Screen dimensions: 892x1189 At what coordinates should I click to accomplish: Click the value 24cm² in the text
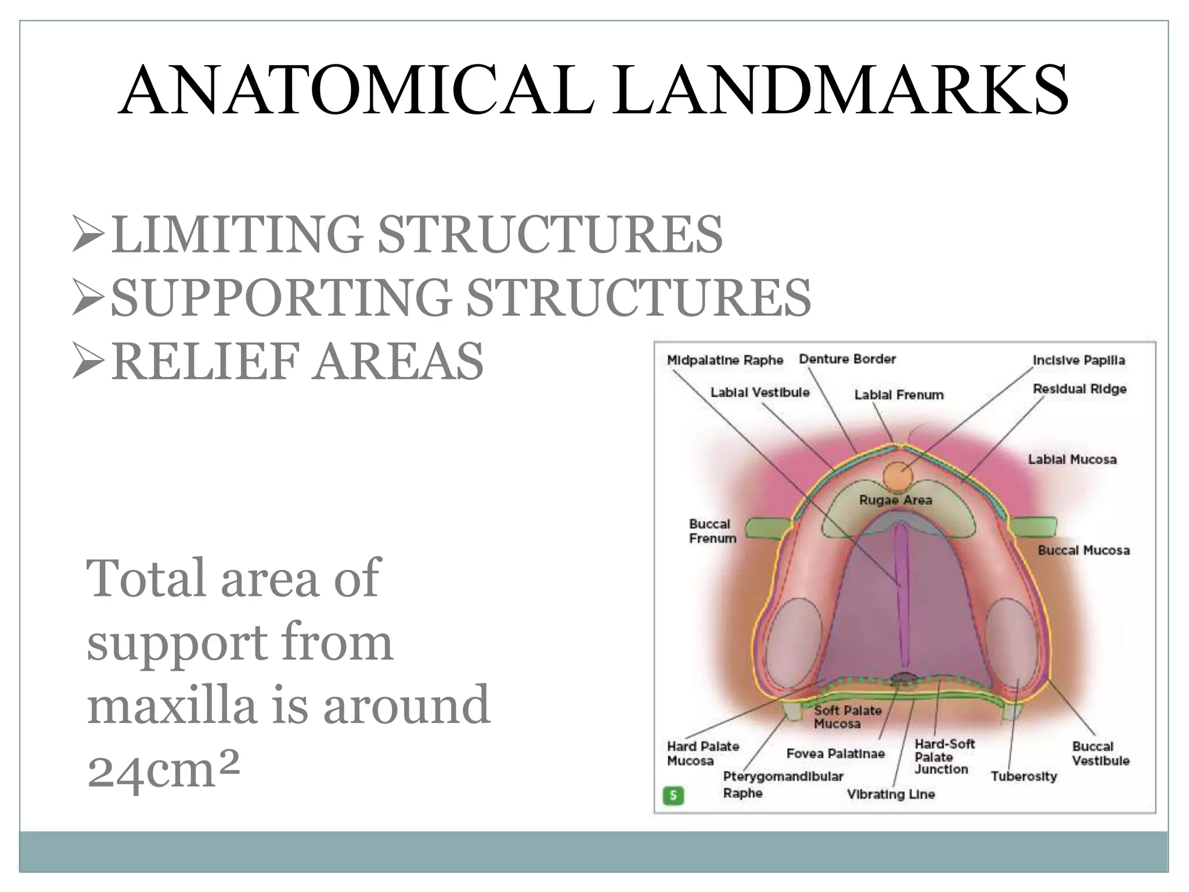point(163,770)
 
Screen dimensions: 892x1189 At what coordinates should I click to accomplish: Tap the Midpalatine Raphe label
point(725,360)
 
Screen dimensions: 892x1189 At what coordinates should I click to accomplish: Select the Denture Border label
point(847,359)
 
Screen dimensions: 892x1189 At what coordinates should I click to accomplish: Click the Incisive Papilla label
point(1079,360)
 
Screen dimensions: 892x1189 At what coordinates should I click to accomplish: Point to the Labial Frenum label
point(899,395)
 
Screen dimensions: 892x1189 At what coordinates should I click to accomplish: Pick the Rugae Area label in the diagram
point(896,500)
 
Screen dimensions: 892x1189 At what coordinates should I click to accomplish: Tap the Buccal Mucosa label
point(1083,550)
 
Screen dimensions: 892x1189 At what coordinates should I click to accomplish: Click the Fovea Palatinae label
point(835,754)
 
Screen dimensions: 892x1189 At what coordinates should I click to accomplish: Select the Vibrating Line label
point(891,794)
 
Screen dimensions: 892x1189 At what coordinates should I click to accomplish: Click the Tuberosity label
point(1024,776)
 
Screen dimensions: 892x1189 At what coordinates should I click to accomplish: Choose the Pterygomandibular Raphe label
point(783,784)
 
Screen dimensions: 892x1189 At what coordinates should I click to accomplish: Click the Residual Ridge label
point(1079,389)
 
